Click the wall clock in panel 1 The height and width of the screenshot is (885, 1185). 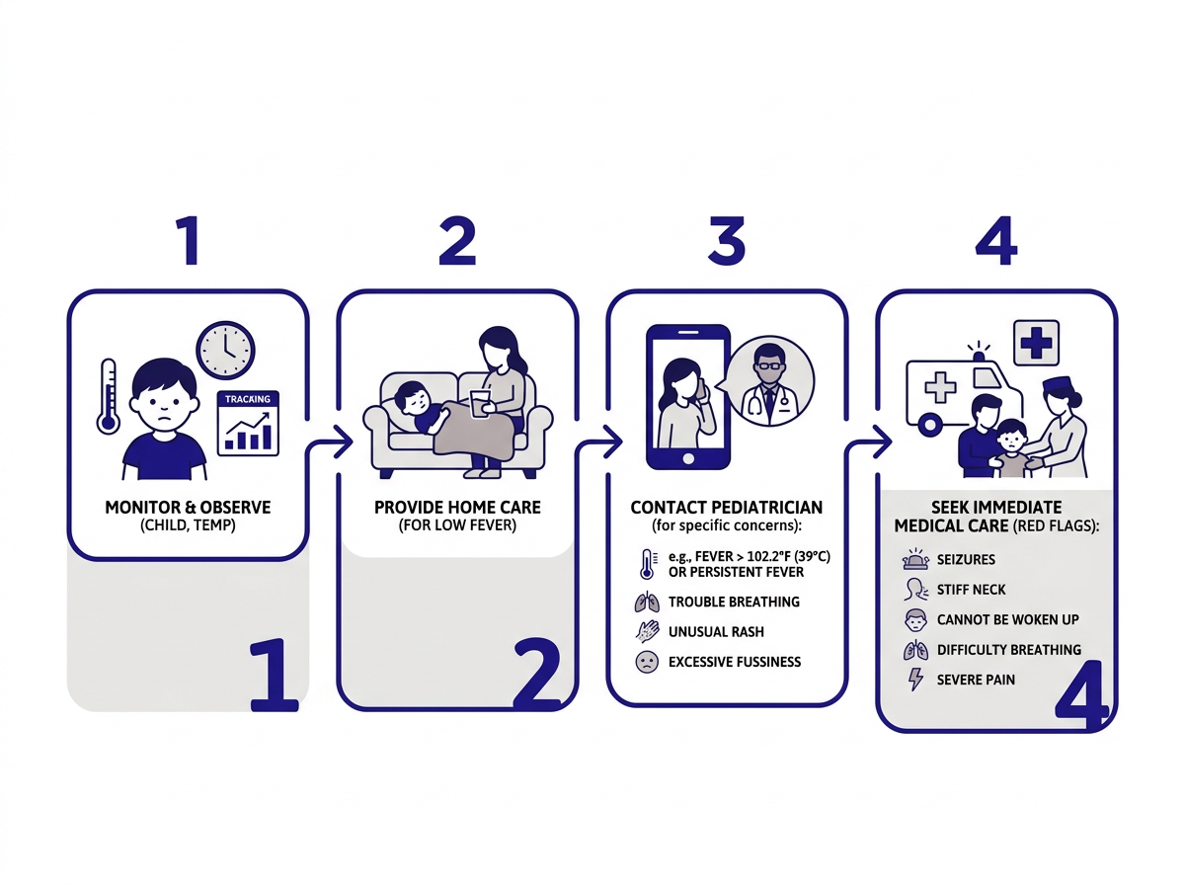click(225, 349)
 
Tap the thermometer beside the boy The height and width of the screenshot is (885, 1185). click(107, 395)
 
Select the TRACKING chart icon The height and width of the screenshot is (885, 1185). click(249, 423)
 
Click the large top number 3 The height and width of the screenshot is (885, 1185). click(726, 241)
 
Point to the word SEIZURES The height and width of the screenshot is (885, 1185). click(966, 559)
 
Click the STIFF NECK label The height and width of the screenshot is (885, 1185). click(972, 590)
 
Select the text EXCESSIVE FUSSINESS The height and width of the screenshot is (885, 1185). click(734, 662)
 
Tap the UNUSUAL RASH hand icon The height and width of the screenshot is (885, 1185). click(646, 631)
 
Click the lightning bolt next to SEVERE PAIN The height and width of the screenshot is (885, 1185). click(915, 680)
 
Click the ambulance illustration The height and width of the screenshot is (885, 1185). click(953, 390)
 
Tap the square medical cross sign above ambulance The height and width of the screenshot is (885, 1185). click(1035, 344)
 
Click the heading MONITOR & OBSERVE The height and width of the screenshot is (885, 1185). click(188, 508)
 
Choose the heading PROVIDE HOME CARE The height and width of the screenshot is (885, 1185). click(457, 508)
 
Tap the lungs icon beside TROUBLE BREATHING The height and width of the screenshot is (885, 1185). click(646, 602)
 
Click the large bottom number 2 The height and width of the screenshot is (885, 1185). click(535, 676)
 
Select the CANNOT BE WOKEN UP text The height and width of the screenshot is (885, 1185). click(1007, 619)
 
